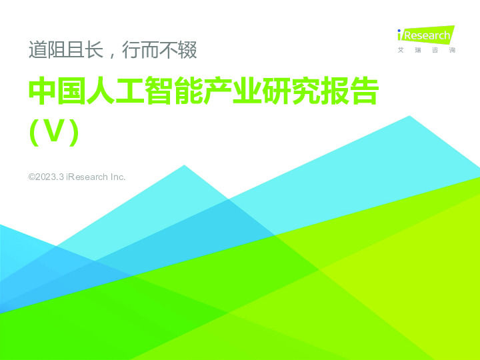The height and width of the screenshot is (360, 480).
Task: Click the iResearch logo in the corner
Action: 424,35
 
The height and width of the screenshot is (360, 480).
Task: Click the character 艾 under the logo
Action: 400,50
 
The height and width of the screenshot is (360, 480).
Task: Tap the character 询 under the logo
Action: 452,50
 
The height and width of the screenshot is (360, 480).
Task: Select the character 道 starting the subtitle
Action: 37,49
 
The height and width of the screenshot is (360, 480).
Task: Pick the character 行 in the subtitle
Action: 131,49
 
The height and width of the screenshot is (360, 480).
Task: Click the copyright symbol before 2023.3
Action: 32,177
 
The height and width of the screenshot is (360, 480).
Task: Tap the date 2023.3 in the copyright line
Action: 50,177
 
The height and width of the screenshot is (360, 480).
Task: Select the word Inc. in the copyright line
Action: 117,177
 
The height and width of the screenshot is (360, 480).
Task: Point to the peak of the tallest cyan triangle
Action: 409,116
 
